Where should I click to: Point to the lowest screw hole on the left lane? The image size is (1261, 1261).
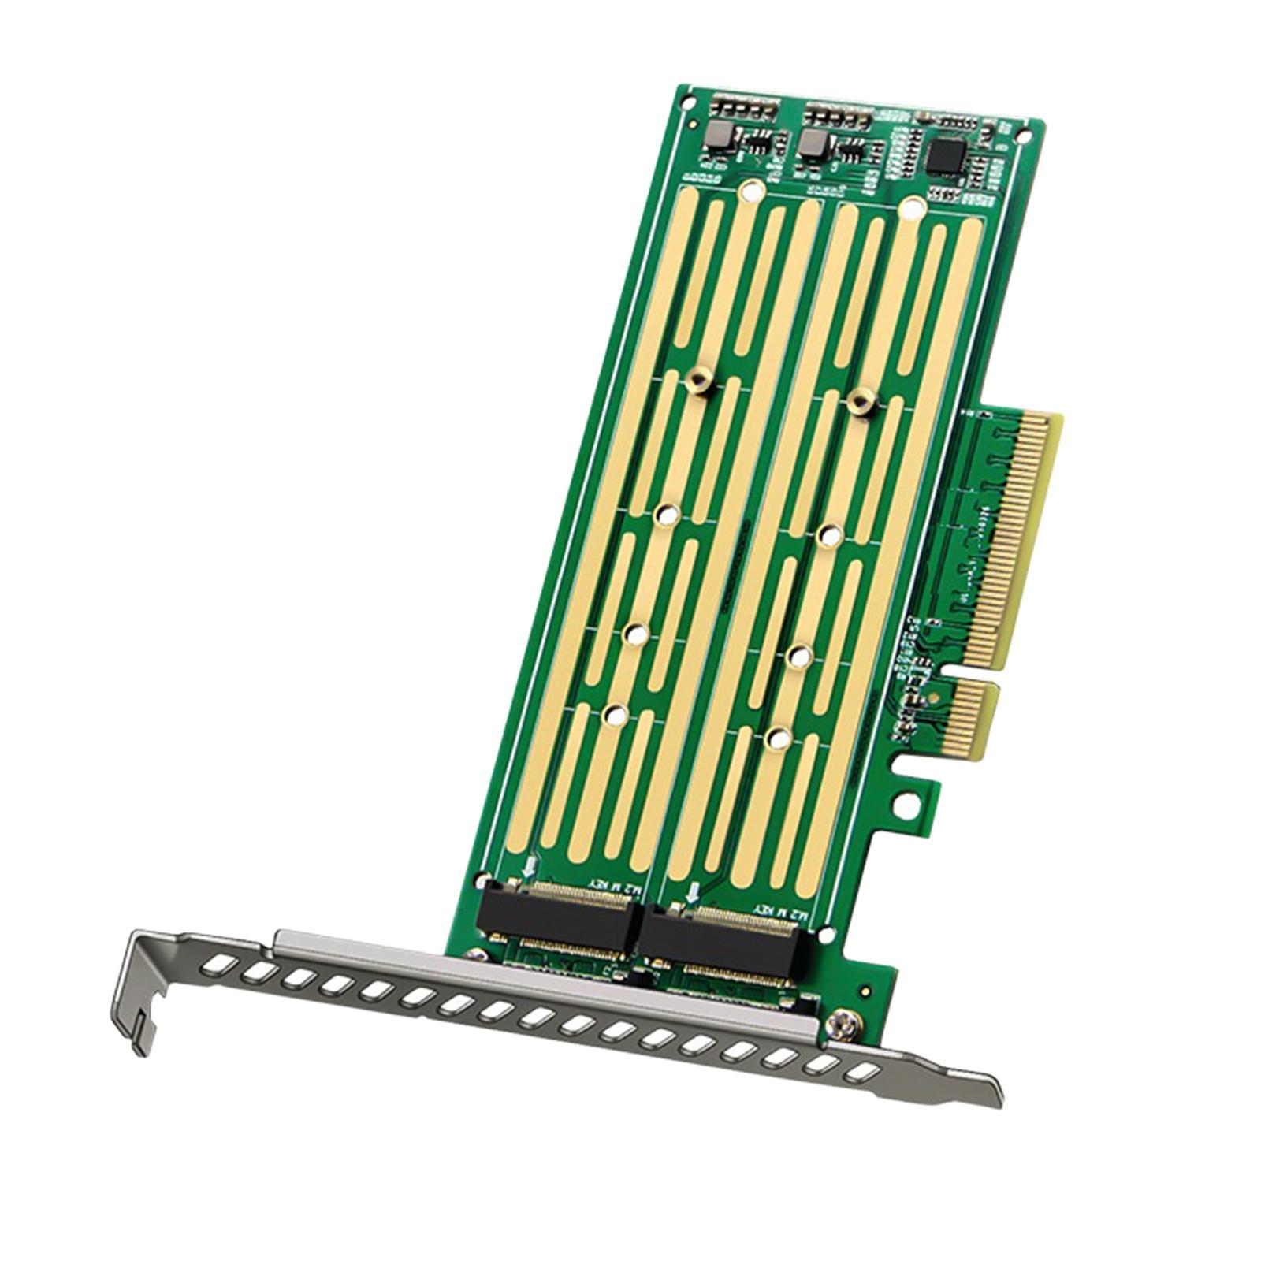click(x=613, y=714)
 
